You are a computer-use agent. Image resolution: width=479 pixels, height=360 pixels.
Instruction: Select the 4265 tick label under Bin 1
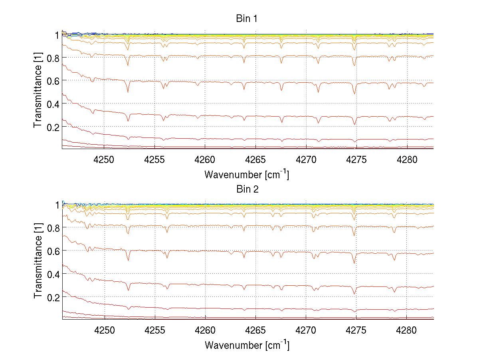coord(255,159)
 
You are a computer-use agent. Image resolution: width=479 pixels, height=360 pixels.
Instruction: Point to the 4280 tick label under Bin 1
coord(407,159)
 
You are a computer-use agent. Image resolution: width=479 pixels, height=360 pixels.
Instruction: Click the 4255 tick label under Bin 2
coord(154,330)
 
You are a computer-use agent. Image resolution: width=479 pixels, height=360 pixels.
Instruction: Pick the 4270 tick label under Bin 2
coord(306,330)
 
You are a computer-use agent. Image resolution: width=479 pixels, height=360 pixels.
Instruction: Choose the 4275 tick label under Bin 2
coord(356,330)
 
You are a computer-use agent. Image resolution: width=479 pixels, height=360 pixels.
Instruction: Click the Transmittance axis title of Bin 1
coord(38,91)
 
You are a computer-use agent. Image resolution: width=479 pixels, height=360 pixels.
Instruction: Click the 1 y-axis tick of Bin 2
coord(57,205)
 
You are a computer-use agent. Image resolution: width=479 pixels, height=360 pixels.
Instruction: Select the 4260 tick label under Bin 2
coord(205,330)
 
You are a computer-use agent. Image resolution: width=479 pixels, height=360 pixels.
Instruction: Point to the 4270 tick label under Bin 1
coord(306,159)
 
